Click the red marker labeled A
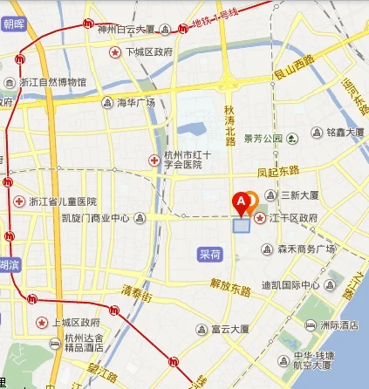click(x=241, y=203)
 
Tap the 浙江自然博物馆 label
click(x=52, y=83)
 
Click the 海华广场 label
click(x=135, y=103)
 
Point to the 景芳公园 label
click(x=263, y=138)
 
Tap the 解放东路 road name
click(x=229, y=283)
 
